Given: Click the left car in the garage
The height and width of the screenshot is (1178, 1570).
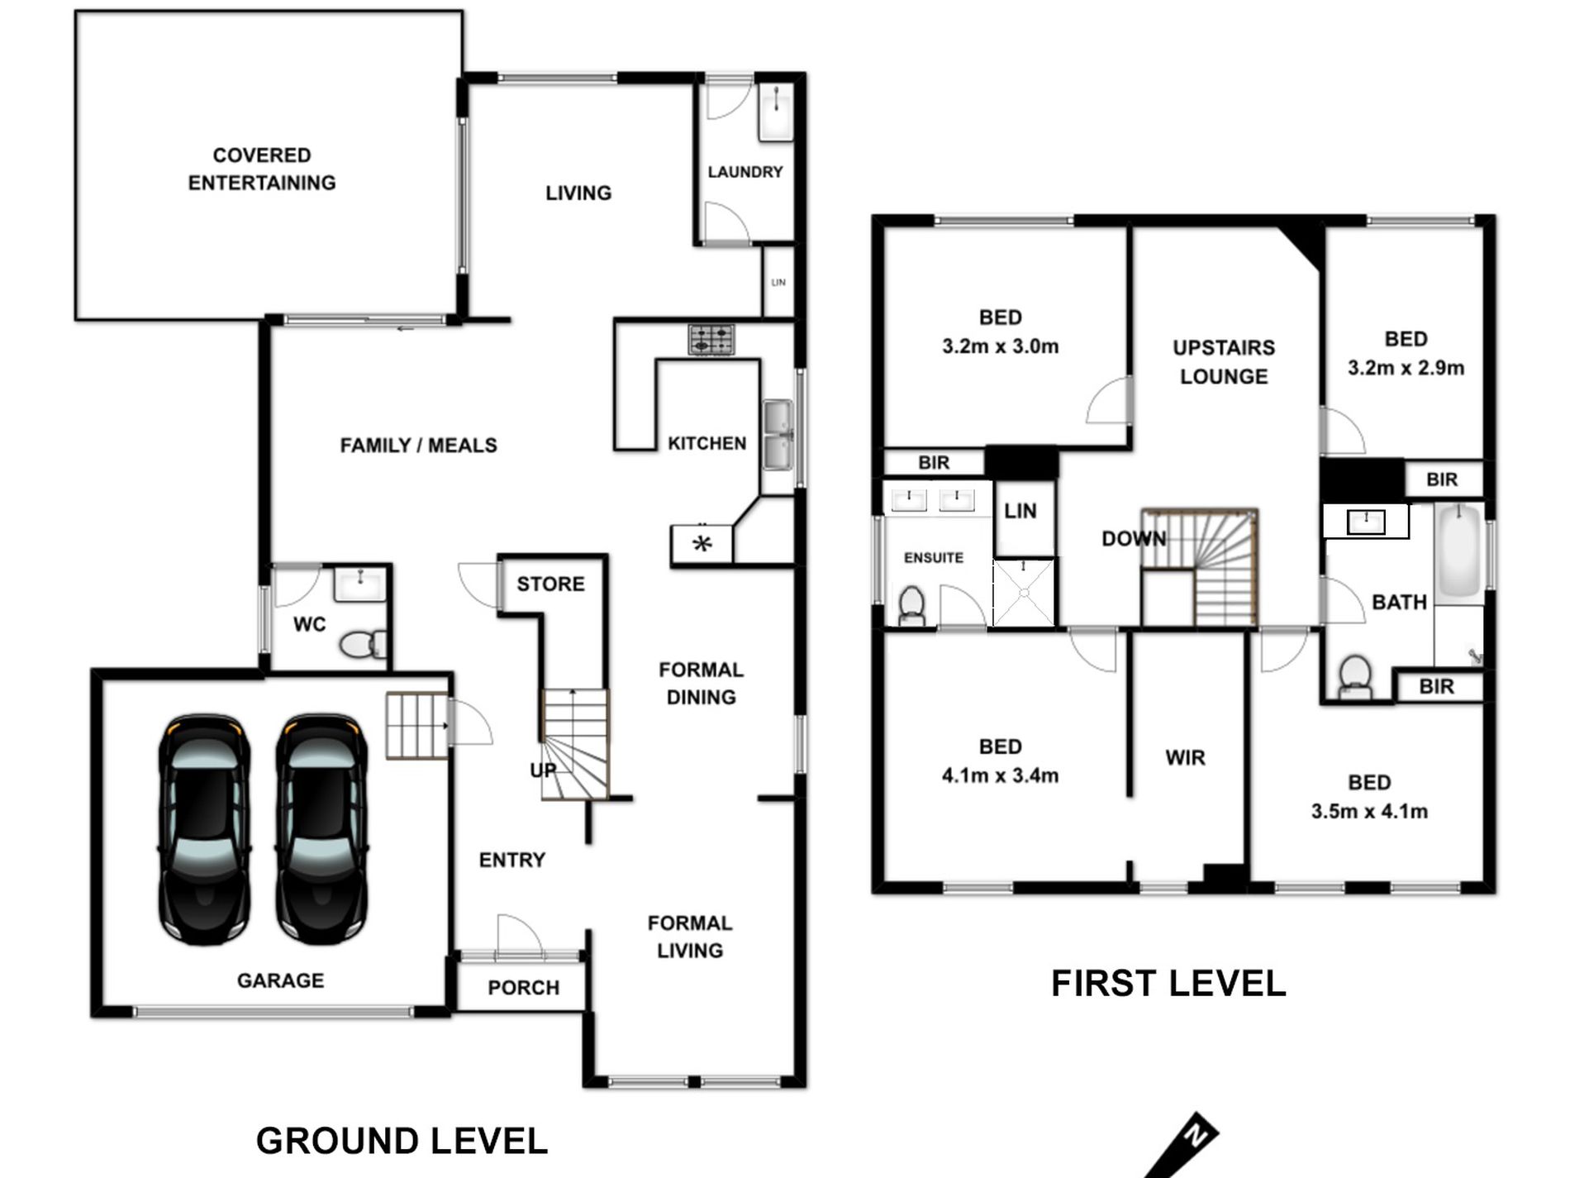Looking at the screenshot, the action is (204, 830).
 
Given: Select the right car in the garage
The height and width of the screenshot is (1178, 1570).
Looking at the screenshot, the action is (321, 830).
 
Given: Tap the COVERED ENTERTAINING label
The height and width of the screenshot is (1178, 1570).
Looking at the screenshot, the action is (262, 169).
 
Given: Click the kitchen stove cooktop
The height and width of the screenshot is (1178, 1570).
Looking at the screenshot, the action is (711, 339).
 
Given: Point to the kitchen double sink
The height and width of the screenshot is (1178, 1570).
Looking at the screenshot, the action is (778, 435).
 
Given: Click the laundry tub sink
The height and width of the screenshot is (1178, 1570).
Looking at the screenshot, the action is (776, 112).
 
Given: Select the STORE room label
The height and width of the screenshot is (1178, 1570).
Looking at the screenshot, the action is (550, 584).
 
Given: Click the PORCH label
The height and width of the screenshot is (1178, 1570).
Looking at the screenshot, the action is (523, 987).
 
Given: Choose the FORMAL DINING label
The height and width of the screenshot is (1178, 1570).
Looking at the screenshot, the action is (702, 683).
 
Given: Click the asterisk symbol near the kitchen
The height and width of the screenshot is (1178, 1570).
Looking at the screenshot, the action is (702, 543).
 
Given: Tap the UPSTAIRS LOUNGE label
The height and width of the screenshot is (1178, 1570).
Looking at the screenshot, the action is (1224, 362).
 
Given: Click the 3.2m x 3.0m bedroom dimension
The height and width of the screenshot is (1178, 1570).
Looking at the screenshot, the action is (1001, 346).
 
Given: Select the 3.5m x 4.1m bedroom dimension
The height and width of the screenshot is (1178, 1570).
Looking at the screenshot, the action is (1369, 811).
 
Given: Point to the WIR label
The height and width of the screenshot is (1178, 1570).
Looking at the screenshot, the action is (1185, 757).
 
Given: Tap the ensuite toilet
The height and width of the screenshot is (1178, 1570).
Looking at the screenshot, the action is (911, 607).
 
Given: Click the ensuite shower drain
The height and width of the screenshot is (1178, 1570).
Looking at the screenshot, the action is (1024, 592).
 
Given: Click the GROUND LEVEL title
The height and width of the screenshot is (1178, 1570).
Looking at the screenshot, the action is (402, 1141).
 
